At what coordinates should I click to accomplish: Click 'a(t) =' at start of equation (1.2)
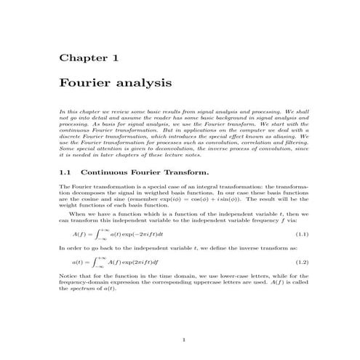tap(79, 261)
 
